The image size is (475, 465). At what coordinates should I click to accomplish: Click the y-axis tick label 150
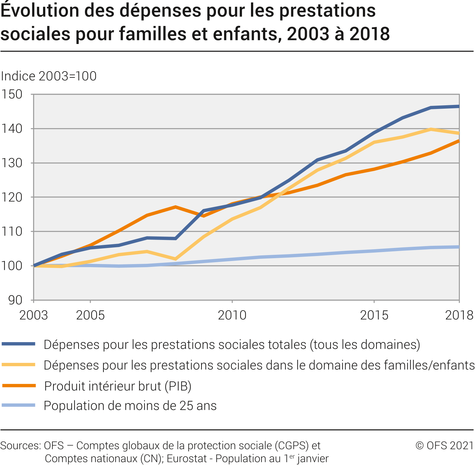(x=11, y=94)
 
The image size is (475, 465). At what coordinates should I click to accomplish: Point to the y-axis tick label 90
(x=15, y=300)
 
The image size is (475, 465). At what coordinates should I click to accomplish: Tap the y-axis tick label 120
(x=11, y=197)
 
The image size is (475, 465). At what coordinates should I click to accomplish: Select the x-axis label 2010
(x=232, y=315)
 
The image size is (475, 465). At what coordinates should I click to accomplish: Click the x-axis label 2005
(x=90, y=315)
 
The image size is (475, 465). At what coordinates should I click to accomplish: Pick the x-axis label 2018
(x=459, y=315)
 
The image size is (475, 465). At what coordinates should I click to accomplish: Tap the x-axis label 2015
(x=374, y=315)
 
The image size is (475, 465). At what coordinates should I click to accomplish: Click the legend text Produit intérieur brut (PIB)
(x=118, y=386)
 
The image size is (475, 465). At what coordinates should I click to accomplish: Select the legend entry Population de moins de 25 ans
(x=130, y=406)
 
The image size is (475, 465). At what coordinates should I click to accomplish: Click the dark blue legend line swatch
(x=19, y=344)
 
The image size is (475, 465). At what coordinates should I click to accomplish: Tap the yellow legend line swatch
(x=19, y=365)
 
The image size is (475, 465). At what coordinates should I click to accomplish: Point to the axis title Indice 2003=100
(x=49, y=76)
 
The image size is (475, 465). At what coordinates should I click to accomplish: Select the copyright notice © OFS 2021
(x=445, y=445)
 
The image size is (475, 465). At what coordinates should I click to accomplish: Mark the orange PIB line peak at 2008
(x=175, y=207)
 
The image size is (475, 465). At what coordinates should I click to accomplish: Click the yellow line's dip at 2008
(x=175, y=259)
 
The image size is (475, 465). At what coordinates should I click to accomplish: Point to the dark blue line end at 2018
(x=459, y=106)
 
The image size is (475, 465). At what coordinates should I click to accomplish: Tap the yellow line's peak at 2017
(x=431, y=129)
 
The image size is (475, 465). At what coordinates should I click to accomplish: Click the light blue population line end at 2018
(x=459, y=247)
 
